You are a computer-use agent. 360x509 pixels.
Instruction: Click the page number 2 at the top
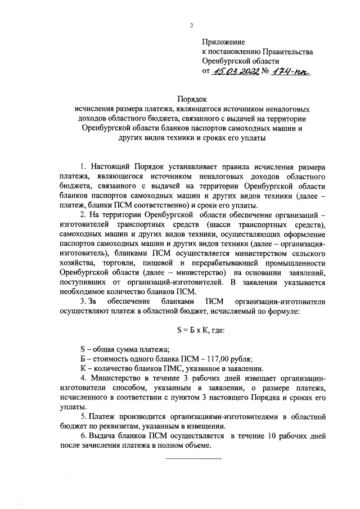coord(191,25)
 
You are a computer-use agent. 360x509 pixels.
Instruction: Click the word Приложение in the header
coord(224,42)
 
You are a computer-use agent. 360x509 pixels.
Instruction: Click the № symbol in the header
coord(265,71)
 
